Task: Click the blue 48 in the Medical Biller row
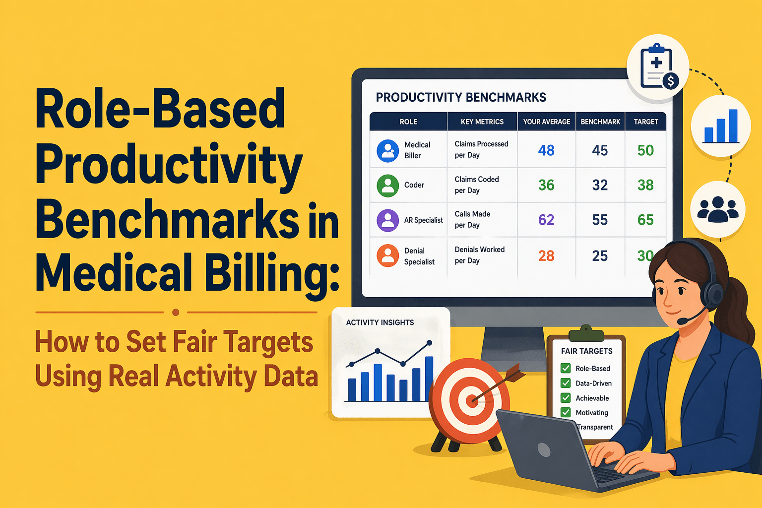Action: [546, 150]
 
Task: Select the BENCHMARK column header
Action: [600, 122]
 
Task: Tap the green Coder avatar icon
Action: [387, 186]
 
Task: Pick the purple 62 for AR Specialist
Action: [546, 220]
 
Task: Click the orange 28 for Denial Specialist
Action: [546, 256]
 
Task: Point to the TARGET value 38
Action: [645, 185]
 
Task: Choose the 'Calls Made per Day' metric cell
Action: [472, 219]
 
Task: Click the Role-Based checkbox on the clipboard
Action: [566, 368]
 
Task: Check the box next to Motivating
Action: [566, 412]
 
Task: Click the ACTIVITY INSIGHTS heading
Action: [380, 322]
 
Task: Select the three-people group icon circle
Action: [718, 209]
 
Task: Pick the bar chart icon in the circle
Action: [721, 126]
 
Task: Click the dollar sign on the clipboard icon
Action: [671, 81]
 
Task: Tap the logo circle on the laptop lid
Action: [544, 450]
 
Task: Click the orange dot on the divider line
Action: [176, 312]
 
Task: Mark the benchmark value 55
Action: [600, 220]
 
